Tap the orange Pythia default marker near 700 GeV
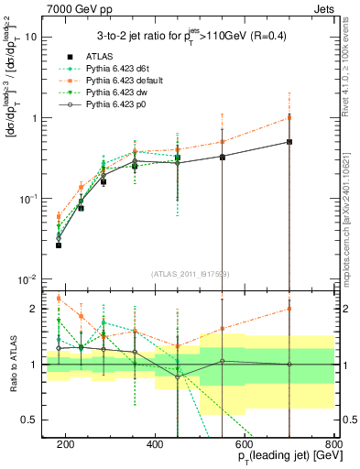click(x=289, y=117)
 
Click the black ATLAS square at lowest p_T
click(x=59, y=245)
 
